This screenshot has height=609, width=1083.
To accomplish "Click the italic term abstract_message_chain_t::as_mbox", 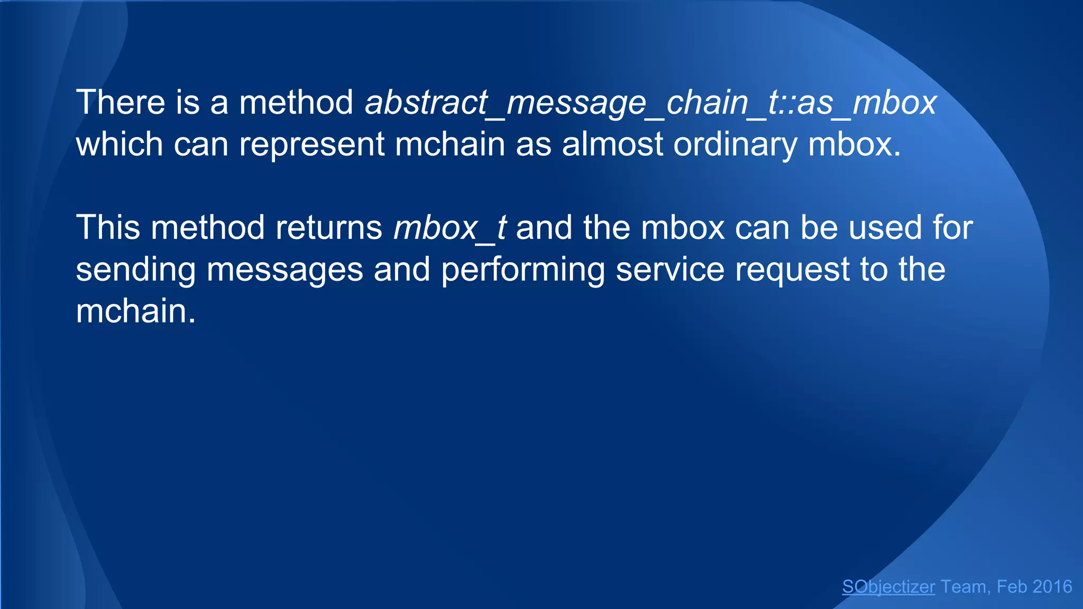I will click(650, 103).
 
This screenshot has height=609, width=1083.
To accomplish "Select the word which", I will click(120, 144).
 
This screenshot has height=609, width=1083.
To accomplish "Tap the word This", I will click(108, 228).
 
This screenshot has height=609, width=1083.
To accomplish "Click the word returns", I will click(329, 228).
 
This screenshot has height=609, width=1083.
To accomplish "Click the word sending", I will click(135, 270).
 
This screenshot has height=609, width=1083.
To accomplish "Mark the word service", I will click(670, 270).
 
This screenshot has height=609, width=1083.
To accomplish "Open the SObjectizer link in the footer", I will click(888, 587).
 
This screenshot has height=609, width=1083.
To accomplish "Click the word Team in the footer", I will click(963, 587).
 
